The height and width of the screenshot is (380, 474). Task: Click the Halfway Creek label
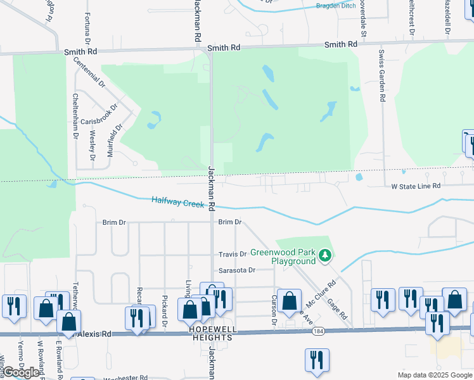(177, 202)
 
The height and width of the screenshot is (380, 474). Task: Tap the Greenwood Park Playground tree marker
(325, 255)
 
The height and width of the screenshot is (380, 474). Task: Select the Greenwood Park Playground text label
(283, 256)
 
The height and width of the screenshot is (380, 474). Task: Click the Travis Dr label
(232, 255)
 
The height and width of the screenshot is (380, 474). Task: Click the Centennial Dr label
(89, 71)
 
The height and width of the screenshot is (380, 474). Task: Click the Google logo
(22, 372)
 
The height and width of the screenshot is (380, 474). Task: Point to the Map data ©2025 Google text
(434, 375)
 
